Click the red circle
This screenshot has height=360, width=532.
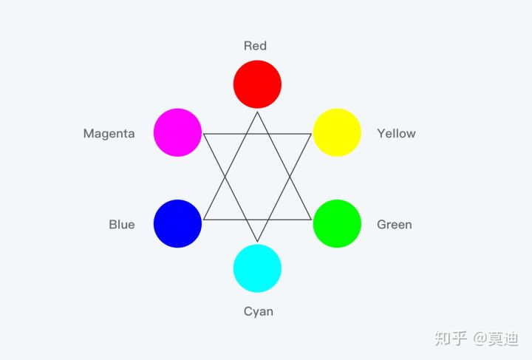click(x=257, y=84)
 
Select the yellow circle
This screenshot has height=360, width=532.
click(x=337, y=132)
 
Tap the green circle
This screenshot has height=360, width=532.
click(x=337, y=223)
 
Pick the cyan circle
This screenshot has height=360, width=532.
click(x=257, y=268)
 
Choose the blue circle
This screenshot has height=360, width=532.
click(x=177, y=223)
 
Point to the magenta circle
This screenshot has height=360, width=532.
click(x=177, y=132)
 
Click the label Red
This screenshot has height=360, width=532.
click(x=255, y=46)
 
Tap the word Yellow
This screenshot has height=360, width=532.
click(x=396, y=133)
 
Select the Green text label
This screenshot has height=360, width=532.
click(x=395, y=225)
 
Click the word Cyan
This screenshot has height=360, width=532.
click(x=258, y=311)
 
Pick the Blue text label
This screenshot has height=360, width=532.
click(x=122, y=225)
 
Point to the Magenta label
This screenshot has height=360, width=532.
click(x=109, y=134)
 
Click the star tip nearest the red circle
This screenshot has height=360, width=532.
click(x=257, y=112)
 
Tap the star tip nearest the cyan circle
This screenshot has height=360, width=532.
click(x=257, y=242)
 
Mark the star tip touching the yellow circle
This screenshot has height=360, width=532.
click(x=311, y=134)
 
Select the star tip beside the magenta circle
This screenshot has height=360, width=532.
click(x=203, y=134)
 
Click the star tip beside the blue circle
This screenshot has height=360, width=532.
click(x=203, y=220)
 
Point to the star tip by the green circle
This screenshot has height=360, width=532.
click(x=311, y=220)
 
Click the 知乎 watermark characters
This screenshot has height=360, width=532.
click(x=451, y=339)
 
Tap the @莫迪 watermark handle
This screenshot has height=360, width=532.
click(x=496, y=339)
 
